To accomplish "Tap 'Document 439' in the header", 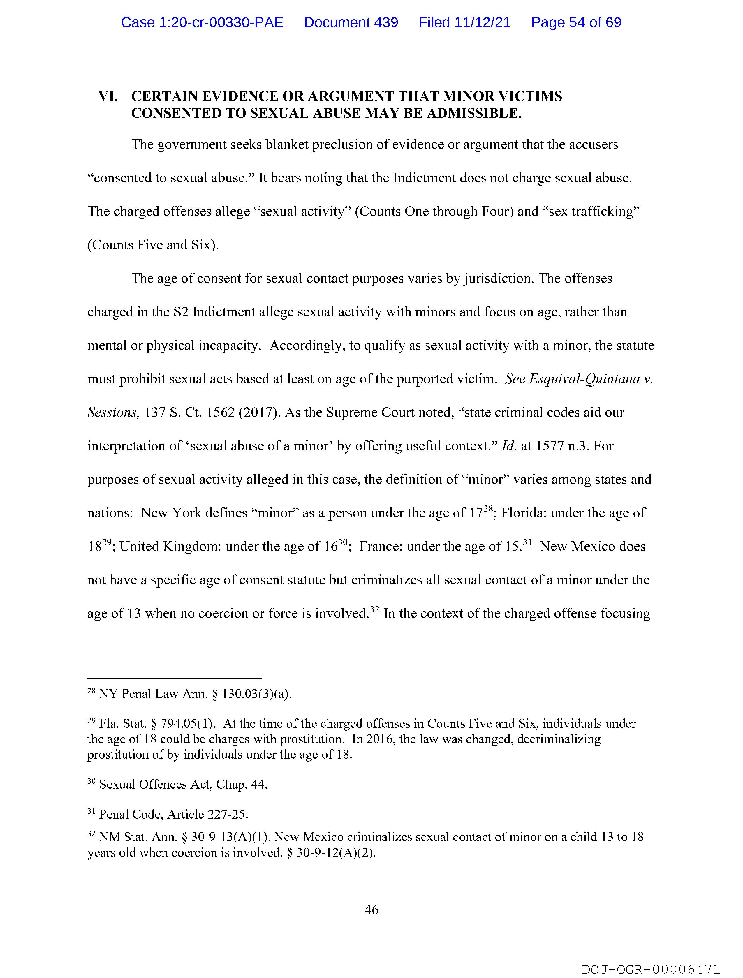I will (351, 22).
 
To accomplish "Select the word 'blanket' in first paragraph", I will (287, 145).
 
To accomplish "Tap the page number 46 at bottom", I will (371, 910).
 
